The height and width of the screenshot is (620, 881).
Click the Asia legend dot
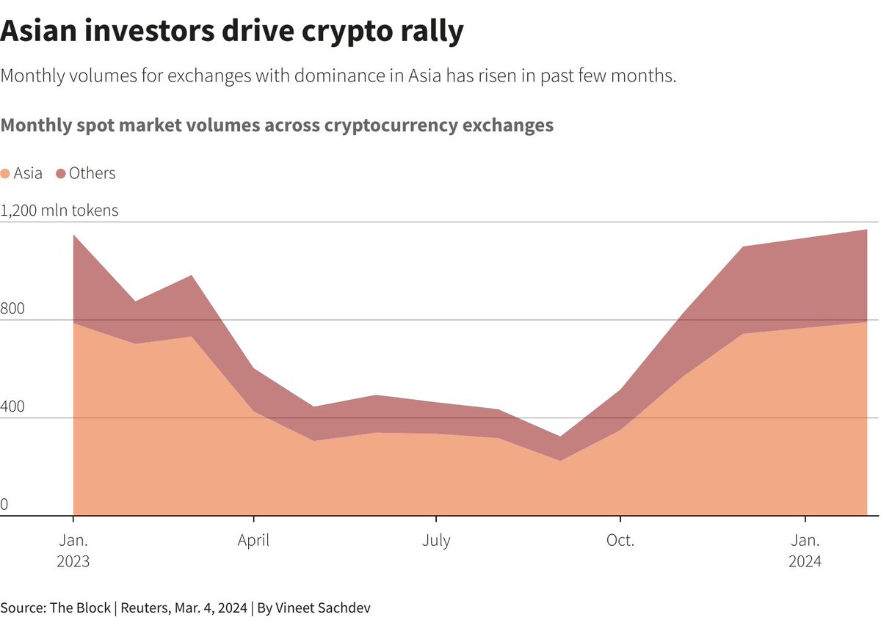(x=5, y=174)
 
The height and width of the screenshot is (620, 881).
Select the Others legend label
(x=92, y=173)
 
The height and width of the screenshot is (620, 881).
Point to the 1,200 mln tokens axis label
(x=59, y=211)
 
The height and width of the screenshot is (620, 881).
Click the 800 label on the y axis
(x=12, y=309)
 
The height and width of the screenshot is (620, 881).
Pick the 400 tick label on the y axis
(x=12, y=407)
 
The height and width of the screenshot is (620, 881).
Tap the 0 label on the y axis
(x=4, y=505)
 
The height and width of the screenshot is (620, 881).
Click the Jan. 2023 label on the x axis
(x=73, y=550)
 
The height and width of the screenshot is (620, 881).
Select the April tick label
(x=253, y=541)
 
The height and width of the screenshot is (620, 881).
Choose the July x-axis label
(x=436, y=541)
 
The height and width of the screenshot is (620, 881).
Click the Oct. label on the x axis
(x=620, y=541)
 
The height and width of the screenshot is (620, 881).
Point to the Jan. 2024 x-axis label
(x=805, y=550)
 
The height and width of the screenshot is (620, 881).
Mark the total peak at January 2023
(x=73, y=235)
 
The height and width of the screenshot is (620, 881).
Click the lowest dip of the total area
(x=559, y=437)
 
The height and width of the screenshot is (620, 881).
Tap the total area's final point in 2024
(x=867, y=230)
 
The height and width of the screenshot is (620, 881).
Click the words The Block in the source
(x=79, y=608)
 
